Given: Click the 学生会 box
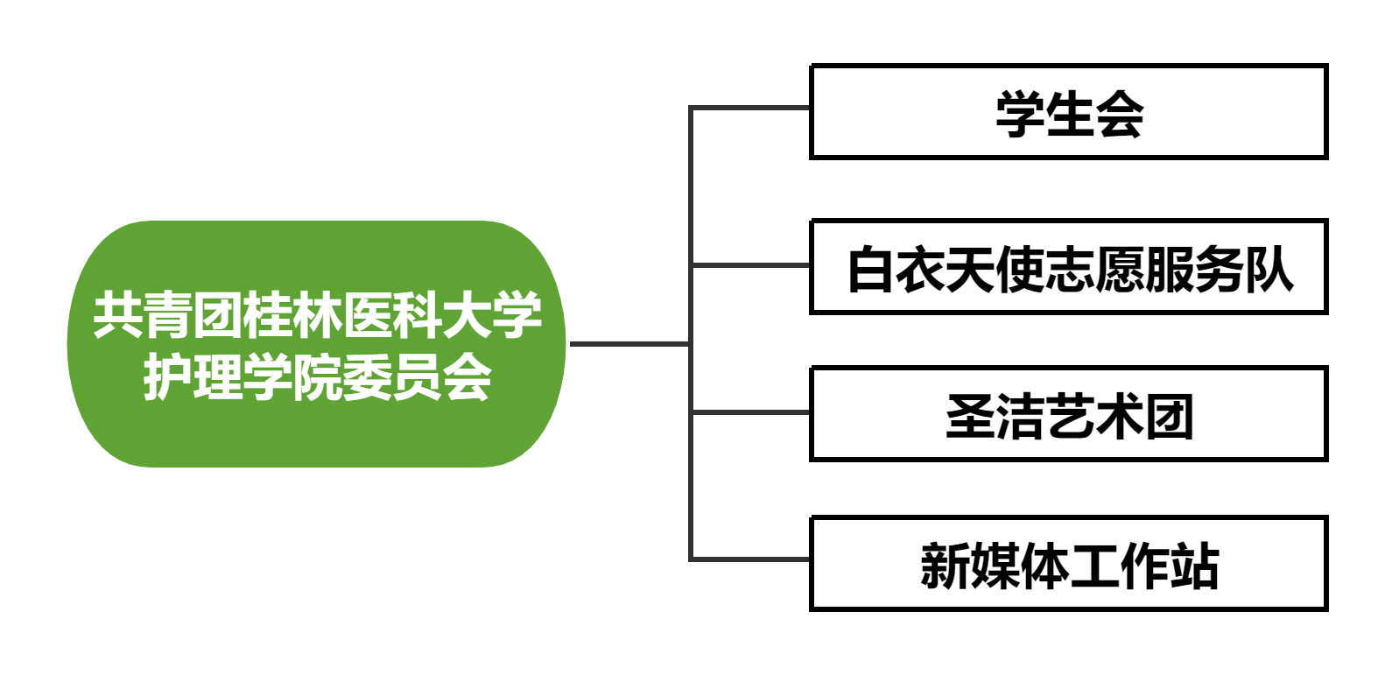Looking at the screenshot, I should click(x=1068, y=112).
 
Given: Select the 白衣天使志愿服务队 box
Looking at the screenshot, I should click(x=1068, y=267).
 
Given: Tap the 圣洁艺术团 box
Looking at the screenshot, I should click(x=1068, y=414).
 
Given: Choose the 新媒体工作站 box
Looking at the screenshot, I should click(x=1068, y=563).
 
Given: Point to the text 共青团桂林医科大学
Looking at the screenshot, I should click(x=317, y=315).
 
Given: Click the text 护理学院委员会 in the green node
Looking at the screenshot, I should click(x=317, y=378).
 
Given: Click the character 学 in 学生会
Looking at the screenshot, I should click(x=1019, y=114).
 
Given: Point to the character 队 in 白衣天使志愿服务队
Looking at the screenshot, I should click(x=1269, y=269).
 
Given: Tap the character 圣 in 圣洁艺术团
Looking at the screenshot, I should click(x=970, y=417).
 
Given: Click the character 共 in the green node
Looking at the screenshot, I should click(x=118, y=315).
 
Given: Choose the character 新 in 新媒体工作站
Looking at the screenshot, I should click(x=945, y=566).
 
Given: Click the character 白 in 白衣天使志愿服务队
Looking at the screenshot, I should click(x=870, y=269).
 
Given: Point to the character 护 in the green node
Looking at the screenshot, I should click(x=167, y=378).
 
